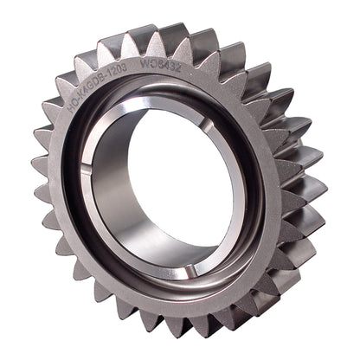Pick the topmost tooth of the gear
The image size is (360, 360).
click(173, 35)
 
